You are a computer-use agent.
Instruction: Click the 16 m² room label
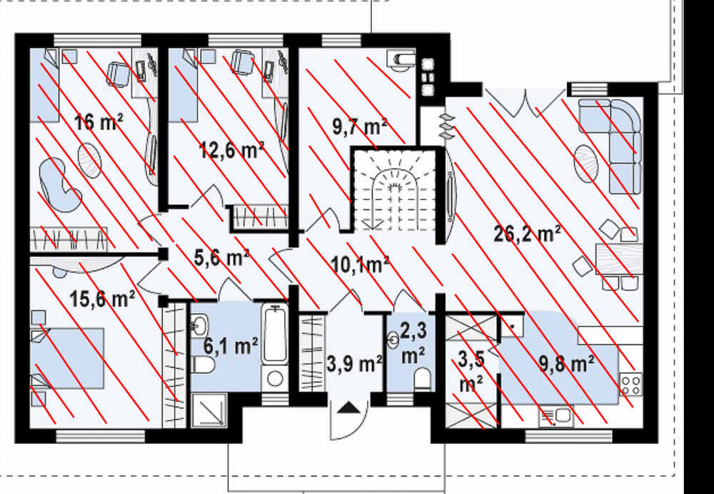(99, 122)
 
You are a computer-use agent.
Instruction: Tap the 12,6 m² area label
(231, 150)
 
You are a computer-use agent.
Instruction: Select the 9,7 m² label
(359, 126)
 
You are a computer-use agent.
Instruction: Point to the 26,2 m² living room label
(528, 234)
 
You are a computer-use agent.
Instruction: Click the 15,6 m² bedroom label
(102, 299)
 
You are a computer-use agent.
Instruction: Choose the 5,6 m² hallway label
(221, 258)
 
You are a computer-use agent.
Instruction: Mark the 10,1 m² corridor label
(359, 265)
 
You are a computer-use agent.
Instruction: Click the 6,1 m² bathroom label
(231, 346)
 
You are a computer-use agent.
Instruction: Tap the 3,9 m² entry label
(354, 364)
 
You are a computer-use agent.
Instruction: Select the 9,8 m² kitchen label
(566, 364)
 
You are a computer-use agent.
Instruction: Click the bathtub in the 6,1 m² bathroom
(275, 334)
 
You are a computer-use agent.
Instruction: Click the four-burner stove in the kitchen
(630, 384)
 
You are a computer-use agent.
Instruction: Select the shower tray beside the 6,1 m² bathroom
(209, 410)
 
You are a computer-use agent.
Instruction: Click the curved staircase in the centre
(394, 191)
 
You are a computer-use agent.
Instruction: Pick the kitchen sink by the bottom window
(555, 416)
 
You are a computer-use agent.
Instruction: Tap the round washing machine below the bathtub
(275, 378)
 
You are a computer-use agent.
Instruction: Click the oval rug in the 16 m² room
(90, 159)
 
